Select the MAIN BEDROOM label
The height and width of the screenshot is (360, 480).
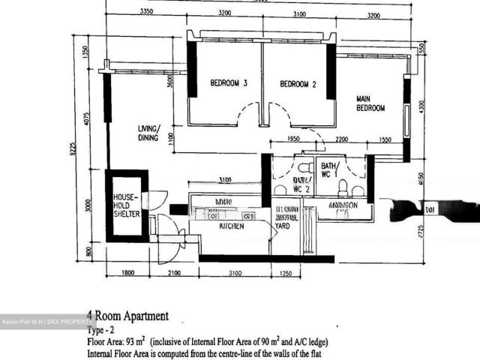coord(370,103)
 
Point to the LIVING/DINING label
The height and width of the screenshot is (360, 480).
coord(148,133)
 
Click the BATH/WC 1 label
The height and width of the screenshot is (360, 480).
coord(330,170)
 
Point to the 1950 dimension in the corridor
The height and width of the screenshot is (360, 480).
coord(294,139)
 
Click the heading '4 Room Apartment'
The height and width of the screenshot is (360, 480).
coord(127,316)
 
